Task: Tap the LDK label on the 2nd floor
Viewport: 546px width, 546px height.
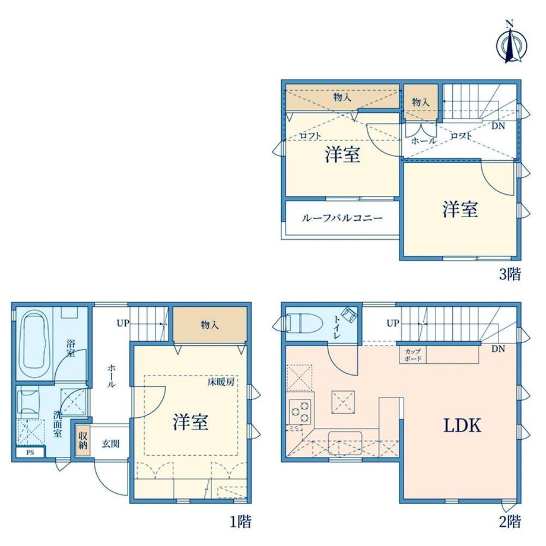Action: point(462,426)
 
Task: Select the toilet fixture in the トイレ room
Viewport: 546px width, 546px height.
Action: point(299,322)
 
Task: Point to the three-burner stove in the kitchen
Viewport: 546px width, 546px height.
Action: point(300,411)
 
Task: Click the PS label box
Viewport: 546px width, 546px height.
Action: point(30,453)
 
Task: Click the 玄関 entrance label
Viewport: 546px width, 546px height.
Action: point(111,444)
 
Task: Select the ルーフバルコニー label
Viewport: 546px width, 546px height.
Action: point(342,218)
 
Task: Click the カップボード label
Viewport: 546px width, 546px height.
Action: point(412,355)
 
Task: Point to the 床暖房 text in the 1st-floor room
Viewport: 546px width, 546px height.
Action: point(221,382)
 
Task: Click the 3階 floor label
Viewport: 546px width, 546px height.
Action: point(510,274)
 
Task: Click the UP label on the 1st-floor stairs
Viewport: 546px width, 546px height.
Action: point(123,323)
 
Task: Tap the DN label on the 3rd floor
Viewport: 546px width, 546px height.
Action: point(498,126)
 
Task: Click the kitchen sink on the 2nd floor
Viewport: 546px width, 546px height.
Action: point(345,443)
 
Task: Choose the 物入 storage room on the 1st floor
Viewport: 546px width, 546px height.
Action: point(209,325)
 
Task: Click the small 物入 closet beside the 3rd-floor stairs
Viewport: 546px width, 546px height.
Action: point(421,102)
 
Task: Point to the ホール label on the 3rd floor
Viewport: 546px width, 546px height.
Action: point(424,141)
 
